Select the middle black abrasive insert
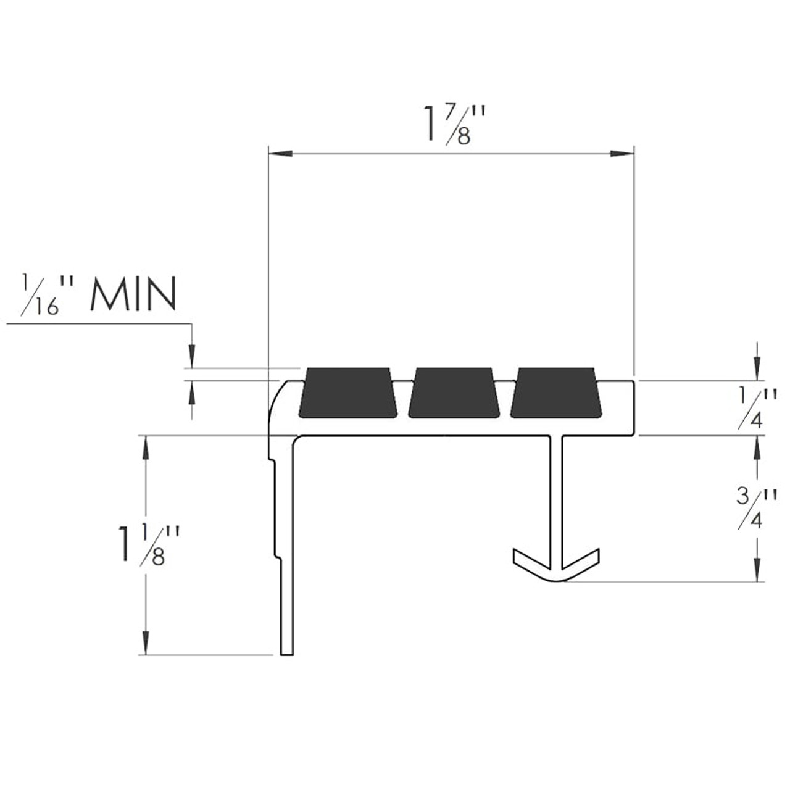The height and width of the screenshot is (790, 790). click(x=454, y=393)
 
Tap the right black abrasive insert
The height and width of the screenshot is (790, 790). click(x=555, y=393)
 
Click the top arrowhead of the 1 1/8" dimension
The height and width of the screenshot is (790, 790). click(x=146, y=446)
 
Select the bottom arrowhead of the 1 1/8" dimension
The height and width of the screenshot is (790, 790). click(x=146, y=644)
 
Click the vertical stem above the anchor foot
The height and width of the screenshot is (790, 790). click(x=557, y=494)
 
